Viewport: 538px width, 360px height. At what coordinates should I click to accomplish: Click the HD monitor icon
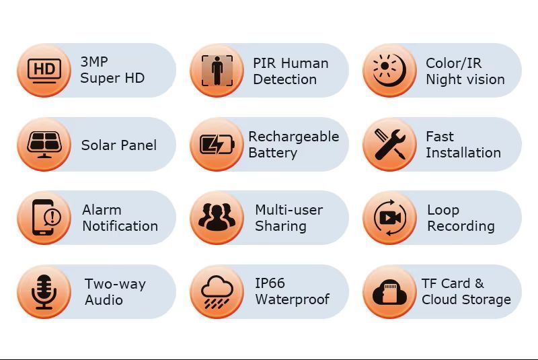point(44,71)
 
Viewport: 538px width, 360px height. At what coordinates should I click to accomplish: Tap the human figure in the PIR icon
point(217,71)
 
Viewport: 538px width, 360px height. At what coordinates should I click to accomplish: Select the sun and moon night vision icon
point(389,71)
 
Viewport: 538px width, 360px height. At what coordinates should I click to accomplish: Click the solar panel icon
point(44,145)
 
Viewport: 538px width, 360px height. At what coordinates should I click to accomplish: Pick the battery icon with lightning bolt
point(217,145)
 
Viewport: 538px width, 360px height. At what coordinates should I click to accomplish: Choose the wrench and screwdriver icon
point(390,145)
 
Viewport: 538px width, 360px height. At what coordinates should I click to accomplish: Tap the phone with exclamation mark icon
point(46,217)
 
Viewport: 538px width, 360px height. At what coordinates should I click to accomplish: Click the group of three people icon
point(217,217)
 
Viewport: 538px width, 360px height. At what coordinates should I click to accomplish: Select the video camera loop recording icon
point(390,217)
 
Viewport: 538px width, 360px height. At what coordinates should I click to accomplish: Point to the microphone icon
point(44,292)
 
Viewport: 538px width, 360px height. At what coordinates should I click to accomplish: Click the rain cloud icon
point(217,292)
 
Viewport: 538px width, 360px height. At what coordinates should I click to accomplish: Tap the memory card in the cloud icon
point(389,293)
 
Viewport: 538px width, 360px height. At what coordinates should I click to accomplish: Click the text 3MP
point(94,62)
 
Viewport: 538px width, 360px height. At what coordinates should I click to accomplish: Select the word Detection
point(284,79)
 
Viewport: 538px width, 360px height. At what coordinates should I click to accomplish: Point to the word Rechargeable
point(294,137)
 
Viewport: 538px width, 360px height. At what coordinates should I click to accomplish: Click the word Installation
point(463,153)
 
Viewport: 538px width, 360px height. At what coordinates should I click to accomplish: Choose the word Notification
point(120,226)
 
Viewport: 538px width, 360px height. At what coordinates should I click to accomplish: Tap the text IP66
point(270,283)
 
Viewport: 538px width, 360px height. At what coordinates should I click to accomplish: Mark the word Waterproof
point(293,299)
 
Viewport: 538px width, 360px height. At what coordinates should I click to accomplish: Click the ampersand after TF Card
point(479,283)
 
